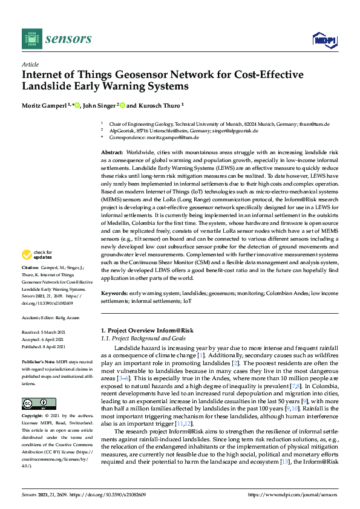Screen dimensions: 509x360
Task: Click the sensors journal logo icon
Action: pyautogui.click(x=31, y=39)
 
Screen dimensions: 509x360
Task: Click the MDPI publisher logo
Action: pyautogui.click(x=324, y=40)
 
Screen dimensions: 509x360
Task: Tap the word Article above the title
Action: pyautogui.click(x=30, y=64)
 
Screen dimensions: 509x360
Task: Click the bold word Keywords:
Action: pyautogui.click(x=114, y=293)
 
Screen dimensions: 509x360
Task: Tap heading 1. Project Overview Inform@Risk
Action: pyautogui.click(x=146, y=331)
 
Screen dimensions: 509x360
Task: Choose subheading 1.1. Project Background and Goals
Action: pyautogui.click(x=142, y=339)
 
